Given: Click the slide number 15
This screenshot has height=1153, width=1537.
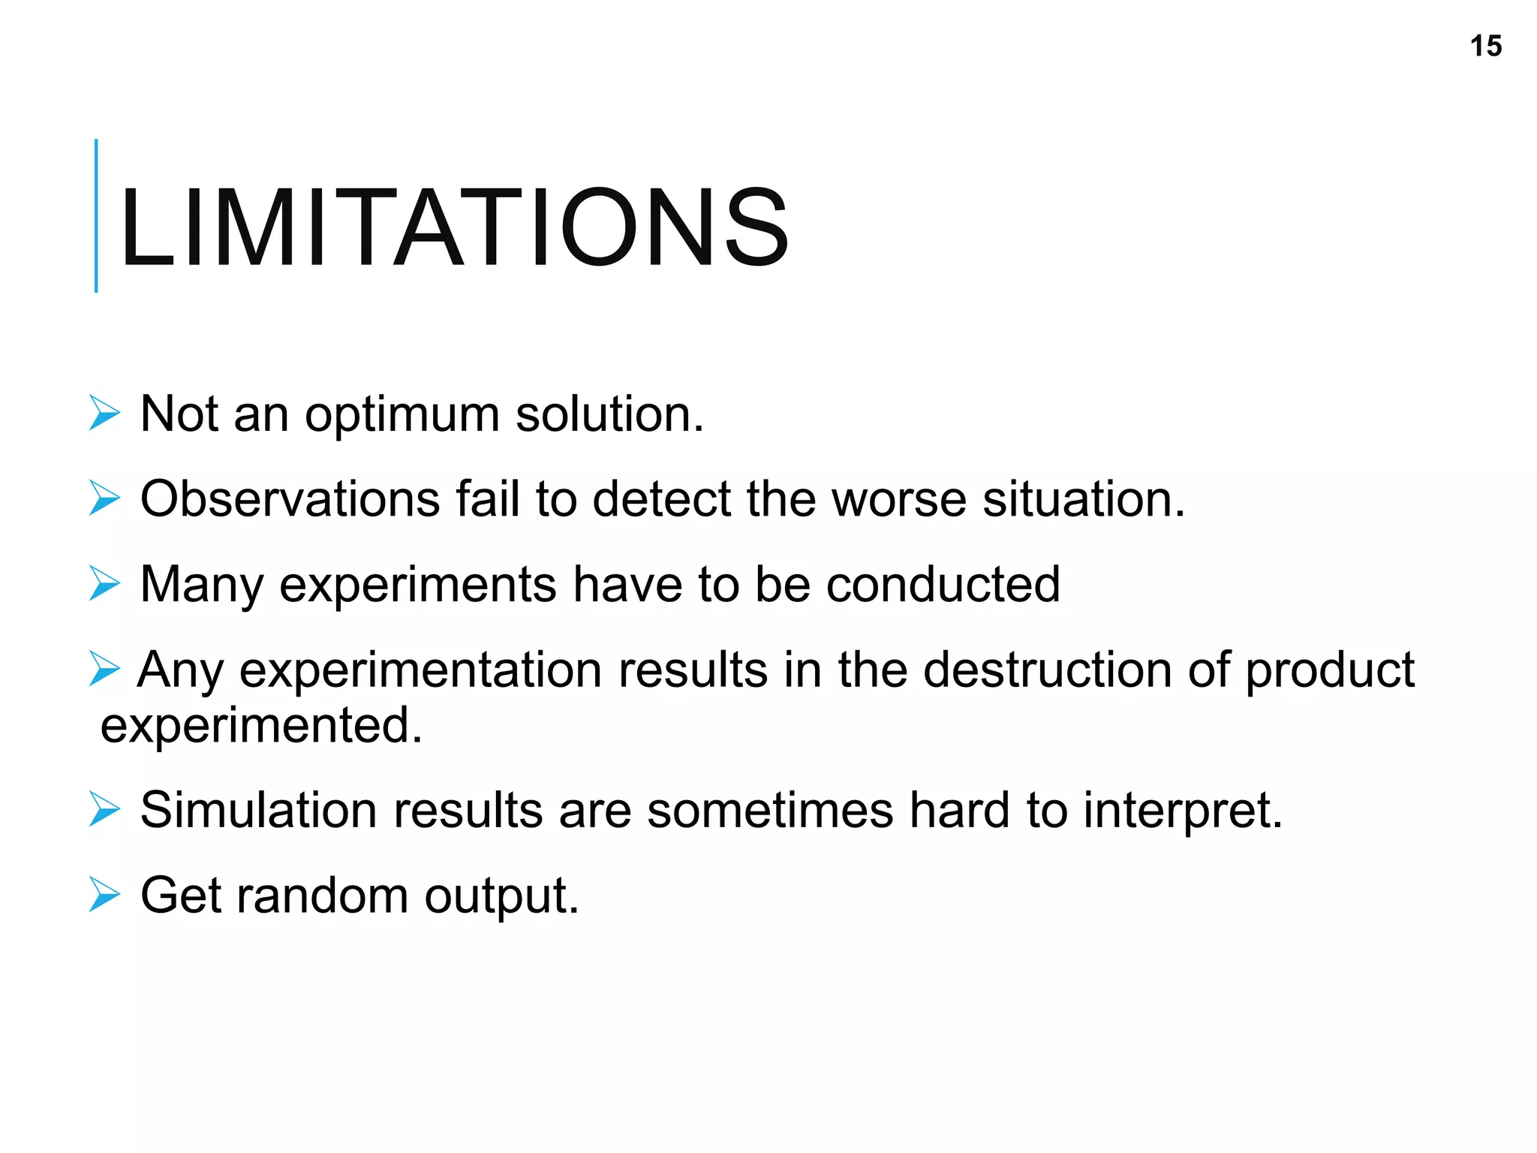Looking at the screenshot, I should coord(1485,47).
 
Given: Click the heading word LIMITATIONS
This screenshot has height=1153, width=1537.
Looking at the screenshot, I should coord(453,227).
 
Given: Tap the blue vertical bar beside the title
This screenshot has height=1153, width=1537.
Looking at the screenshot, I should coord(96,215).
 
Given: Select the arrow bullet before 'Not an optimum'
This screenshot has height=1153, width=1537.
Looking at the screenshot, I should coord(104,413).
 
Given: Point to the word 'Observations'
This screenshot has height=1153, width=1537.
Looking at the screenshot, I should coord(290,499).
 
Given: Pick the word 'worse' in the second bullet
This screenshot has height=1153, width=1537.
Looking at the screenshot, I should coord(899,499).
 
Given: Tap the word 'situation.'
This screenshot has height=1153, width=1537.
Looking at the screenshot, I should coord(1084,499).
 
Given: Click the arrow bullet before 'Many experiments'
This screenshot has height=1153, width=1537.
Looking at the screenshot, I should coord(104,583).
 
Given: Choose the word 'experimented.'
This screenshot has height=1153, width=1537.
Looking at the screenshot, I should coord(261,726).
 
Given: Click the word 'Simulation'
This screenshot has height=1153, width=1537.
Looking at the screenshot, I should coord(258,811).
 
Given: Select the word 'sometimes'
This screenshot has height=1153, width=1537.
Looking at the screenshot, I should coord(770,811).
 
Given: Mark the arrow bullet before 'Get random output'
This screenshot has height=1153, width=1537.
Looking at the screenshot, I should coord(104,894).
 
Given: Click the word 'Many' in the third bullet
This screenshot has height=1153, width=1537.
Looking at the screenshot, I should coord(201,586).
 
